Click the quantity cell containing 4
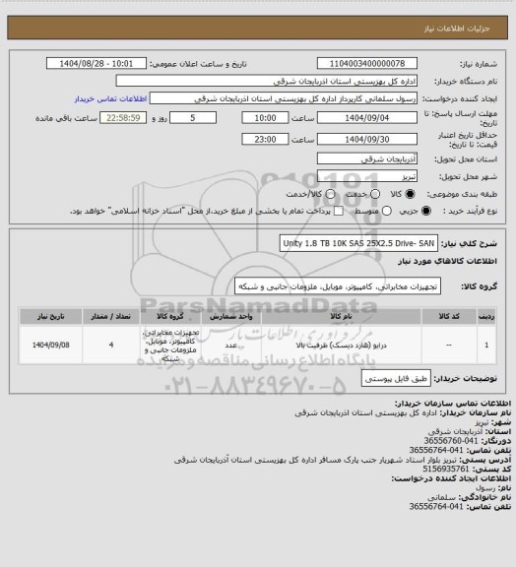[x=112, y=346]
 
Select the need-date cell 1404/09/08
[x=48, y=346]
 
